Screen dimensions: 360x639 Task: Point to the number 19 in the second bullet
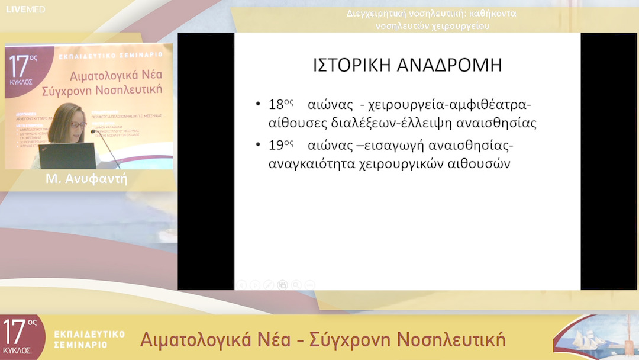tap(276, 146)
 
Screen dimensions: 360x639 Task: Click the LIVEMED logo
tap(25, 9)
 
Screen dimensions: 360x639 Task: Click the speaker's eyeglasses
tap(78, 125)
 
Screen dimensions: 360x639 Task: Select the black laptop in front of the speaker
tap(67, 156)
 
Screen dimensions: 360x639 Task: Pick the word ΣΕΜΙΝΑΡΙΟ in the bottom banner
tap(80, 344)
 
